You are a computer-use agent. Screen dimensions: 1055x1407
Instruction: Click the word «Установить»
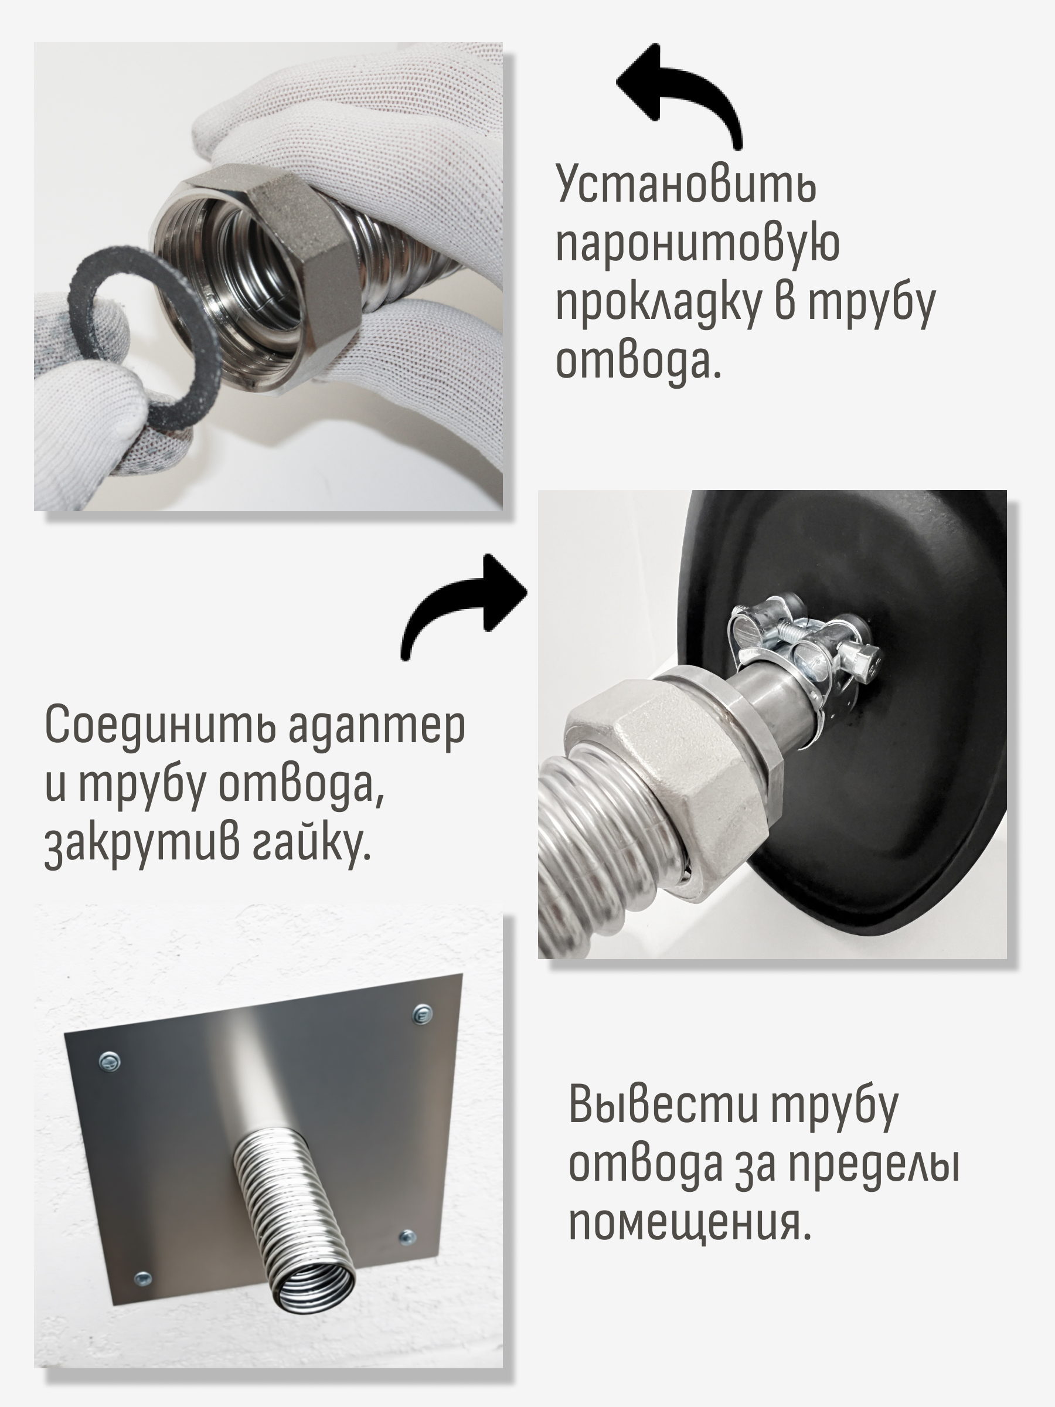click(x=686, y=184)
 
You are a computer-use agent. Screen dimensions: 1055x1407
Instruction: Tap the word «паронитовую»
click(x=697, y=244)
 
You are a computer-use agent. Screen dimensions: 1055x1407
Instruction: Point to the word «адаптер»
click(x=377, y=727)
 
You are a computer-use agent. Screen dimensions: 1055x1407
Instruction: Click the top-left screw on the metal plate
click(x=110, y=1061)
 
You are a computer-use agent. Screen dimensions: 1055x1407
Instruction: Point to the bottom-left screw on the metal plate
click(x=143, y=1277)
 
